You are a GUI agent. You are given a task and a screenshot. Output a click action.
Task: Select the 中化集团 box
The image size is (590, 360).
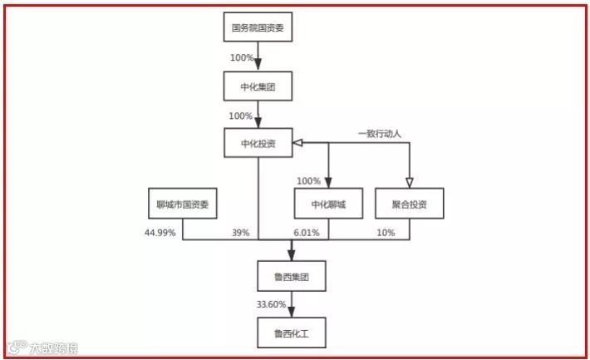coord(259,86)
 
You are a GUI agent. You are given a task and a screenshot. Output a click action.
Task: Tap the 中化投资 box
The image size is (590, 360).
coord(259,143)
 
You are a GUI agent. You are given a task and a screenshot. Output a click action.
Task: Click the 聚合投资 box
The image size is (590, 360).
coord(408,204)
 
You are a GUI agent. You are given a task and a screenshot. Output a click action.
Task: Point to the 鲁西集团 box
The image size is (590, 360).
coord(291,274)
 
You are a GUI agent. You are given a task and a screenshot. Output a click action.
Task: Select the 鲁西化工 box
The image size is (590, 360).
coord(291,334)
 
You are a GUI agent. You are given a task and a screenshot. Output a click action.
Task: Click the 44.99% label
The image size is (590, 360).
coord(160,233)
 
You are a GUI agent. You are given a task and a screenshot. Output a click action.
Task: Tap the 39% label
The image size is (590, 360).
coord(240,233)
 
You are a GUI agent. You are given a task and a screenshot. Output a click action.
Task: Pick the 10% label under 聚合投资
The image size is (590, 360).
coord(386,233)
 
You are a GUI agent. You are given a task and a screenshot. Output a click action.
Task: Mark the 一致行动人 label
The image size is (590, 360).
coord(379,132)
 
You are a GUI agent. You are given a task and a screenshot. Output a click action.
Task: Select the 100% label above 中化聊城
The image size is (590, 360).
coord(308,180)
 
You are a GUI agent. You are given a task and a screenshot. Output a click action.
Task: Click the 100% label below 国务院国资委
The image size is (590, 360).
coord(242,58)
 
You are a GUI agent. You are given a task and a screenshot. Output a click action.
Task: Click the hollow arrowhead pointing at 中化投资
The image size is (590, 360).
coord(297,143)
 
